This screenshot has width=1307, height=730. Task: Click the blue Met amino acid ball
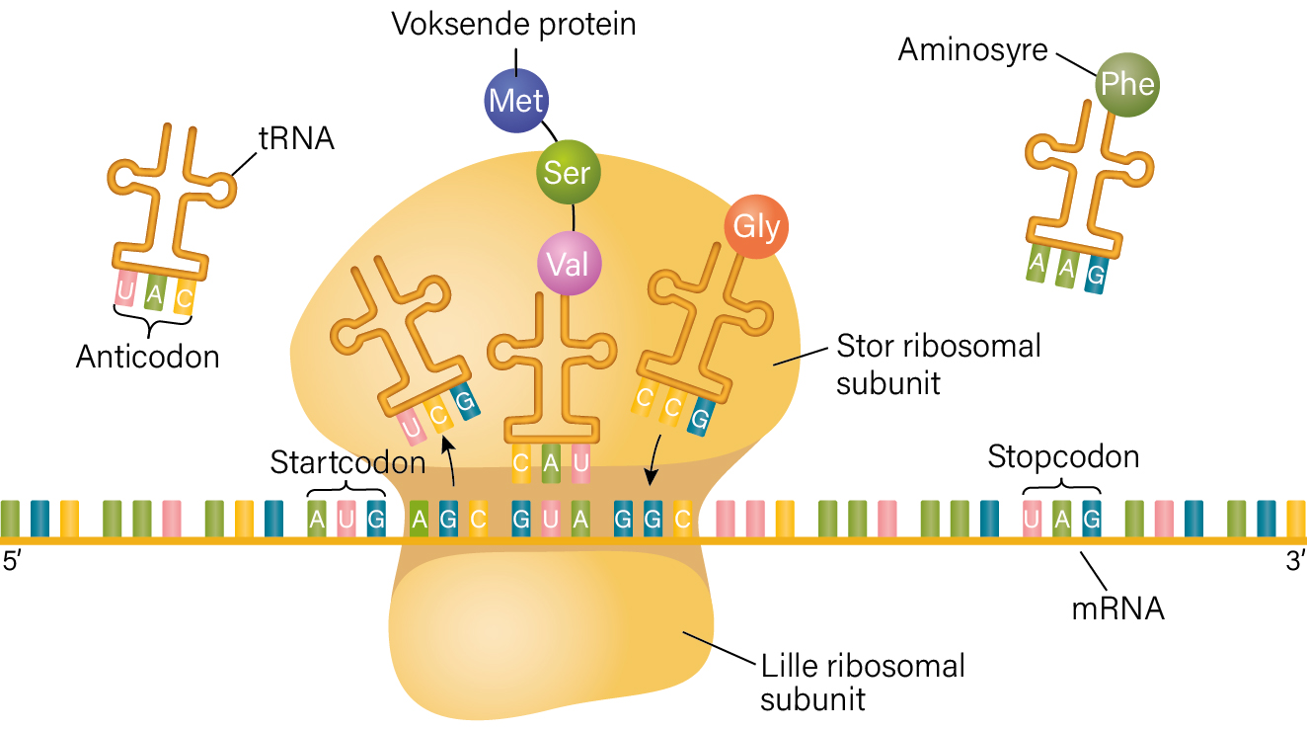click(516, 101)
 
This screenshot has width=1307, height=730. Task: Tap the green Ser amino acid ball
click(569, 172)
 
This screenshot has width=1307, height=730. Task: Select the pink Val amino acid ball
click(569, 264)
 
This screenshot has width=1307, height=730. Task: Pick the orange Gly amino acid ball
click(756, 226)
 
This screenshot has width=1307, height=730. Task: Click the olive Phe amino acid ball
click(1127, 85)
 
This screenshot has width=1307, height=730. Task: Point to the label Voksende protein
click(513, 25)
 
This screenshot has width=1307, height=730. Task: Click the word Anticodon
click(148, 357)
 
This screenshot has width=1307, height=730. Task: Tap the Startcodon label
click(347, 462)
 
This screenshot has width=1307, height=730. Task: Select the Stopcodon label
click(1063, 456)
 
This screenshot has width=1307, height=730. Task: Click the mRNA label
click(1117, 609)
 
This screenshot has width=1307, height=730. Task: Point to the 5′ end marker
click(12, 561)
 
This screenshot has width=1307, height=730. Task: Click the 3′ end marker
click(1295, 561)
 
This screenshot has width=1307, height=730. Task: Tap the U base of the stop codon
click(1032, 519)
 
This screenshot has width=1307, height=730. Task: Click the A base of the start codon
click(317, 519)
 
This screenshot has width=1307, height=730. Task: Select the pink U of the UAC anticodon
click(124, 288)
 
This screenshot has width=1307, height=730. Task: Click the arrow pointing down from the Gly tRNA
click(654, 459)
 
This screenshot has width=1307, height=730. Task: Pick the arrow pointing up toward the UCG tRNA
click(449, 460)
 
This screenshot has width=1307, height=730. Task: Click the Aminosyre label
click(972, 50)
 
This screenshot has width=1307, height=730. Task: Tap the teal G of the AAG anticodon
click(1096, 275)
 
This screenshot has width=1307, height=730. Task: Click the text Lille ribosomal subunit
click(863, 684)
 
